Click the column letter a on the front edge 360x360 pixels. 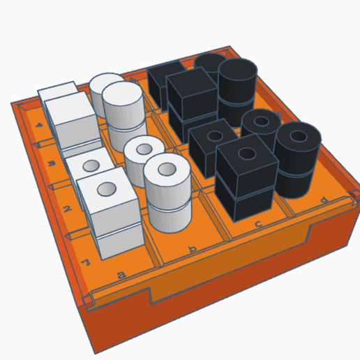pos(121,276)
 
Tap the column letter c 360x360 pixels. pos(259,223)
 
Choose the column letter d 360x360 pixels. pos(322,200)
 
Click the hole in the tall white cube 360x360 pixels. pos(107,189)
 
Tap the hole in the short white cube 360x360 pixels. pos(90,165)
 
